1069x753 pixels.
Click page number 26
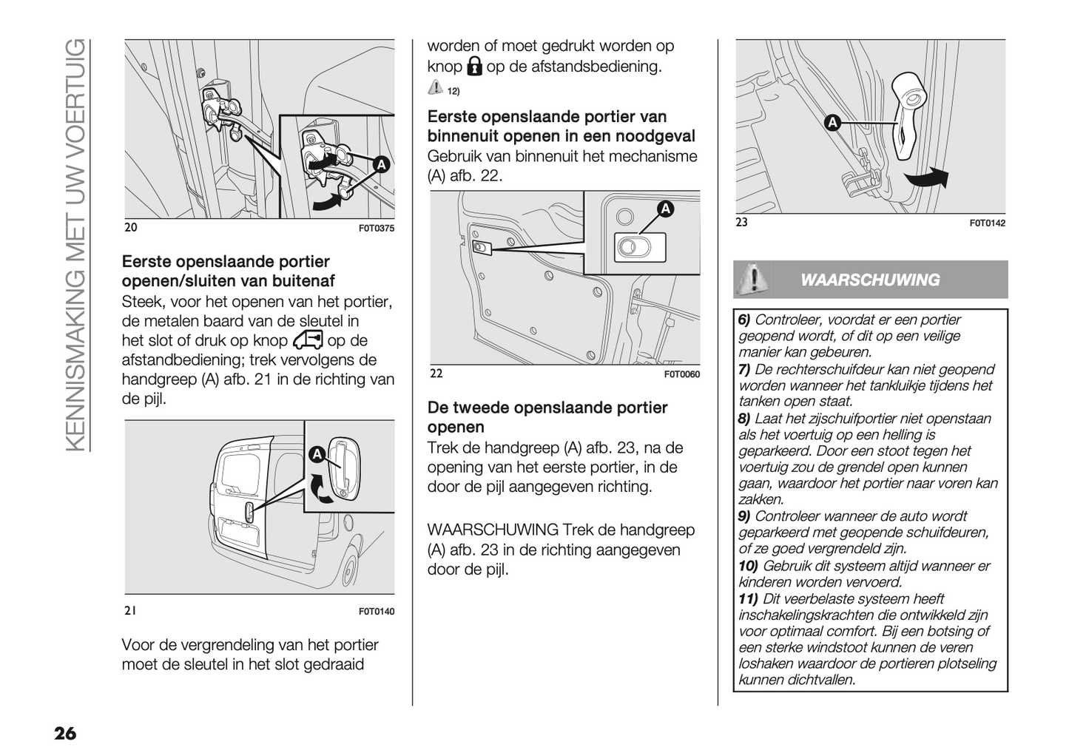[64, 733]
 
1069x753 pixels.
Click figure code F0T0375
[377, 229]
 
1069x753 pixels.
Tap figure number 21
[130, 611]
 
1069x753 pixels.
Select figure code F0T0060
[681, 374]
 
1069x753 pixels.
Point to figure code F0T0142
[988, 223]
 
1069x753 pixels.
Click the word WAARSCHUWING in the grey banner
[870, 280]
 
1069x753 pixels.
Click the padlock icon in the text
[474, 67]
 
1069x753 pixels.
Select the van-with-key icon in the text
[308, 340]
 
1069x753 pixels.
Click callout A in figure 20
[380, 165]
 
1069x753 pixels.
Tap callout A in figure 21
[316, 453]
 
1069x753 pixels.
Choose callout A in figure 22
[665, 209]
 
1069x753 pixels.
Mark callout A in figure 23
[832, 123]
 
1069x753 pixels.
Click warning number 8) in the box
[744, 419]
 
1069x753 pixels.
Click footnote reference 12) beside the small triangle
[453, 91]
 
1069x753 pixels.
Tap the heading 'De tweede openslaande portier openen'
[547, 417]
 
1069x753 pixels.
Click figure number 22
[436, 374]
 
